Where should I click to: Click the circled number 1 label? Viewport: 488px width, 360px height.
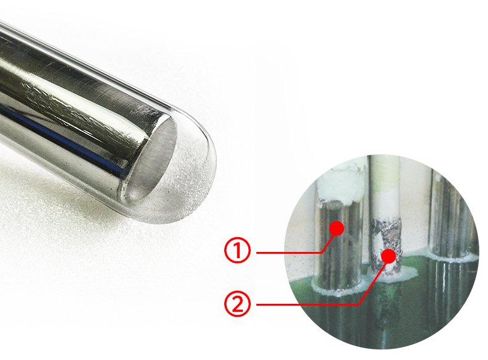pos(237,251)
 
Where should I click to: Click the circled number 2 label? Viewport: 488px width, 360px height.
pos(237,304)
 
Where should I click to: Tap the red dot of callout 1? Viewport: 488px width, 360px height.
pos(337,228)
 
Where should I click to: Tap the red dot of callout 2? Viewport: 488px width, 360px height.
pos(389,256)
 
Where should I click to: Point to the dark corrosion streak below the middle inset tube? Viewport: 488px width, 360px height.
pos(387,308)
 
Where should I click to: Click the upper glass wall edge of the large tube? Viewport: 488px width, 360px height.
pos(103,72)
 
